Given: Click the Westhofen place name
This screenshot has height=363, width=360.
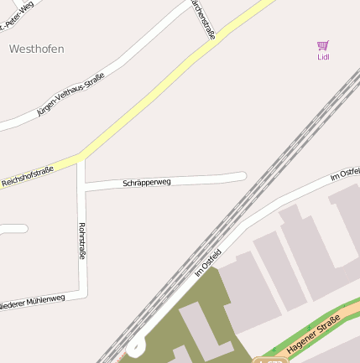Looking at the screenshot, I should [x=36, y=49].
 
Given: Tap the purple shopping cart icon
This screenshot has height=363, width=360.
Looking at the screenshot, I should [x=323, y=45].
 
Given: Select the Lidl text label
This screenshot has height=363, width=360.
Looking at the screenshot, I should [x=323, y=57].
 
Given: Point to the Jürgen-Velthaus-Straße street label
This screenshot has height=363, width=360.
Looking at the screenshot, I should [x=70, y=94].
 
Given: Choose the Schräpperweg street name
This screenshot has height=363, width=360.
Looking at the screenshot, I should [x=147, y=182].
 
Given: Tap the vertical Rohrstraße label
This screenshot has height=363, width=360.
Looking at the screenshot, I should [x=81, y=241].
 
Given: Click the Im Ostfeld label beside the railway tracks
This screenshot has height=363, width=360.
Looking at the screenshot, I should [x=207, y=262].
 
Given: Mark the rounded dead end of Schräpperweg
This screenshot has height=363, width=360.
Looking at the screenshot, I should [x=242, y=176].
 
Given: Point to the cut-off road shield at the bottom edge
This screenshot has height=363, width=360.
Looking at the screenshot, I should [x=269, y=360].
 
